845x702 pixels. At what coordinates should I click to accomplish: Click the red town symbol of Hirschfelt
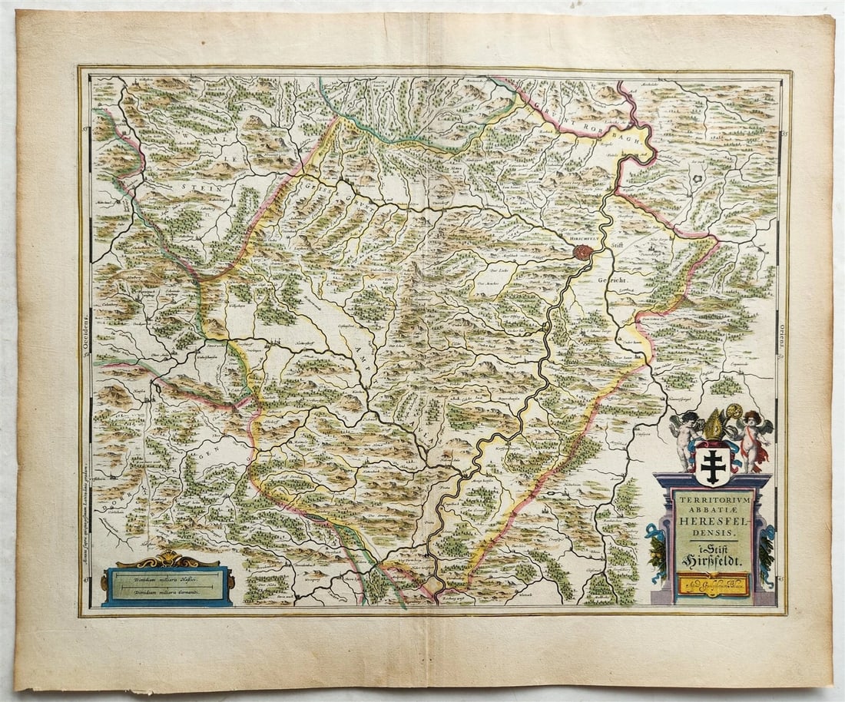tap(583, 251)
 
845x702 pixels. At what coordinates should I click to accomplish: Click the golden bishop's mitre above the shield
tap(714, 426)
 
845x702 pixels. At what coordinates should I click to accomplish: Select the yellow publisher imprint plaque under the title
tap(712, 585)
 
